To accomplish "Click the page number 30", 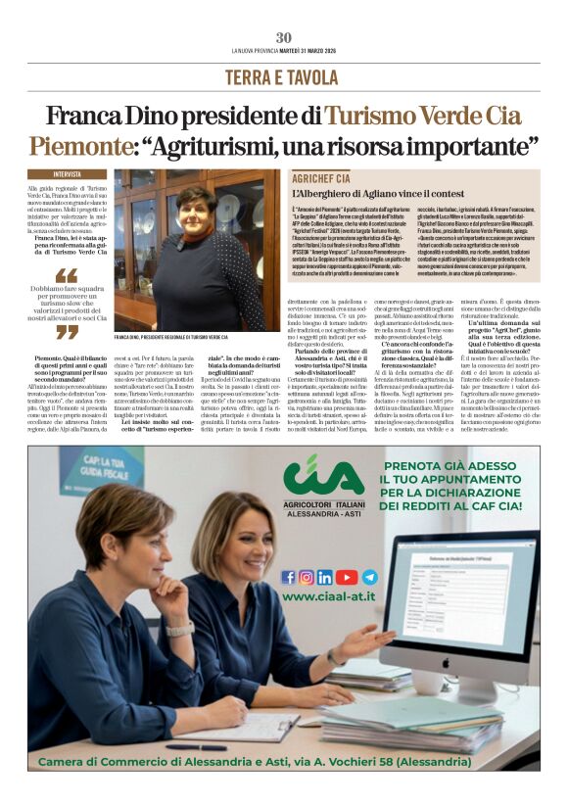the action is click(284, 37).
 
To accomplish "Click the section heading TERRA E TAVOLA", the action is click(284, 76).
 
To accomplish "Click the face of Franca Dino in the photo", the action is click(193, 209).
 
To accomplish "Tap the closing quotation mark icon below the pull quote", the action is click(67, 332).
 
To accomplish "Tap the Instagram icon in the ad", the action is click(307, 577).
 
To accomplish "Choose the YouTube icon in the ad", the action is click(348, 577).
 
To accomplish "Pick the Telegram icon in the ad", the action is click(369, 577).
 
